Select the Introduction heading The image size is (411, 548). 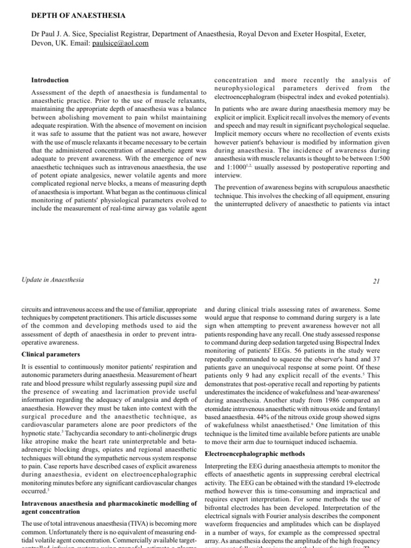point(50,80)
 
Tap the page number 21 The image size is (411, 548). point(375,280)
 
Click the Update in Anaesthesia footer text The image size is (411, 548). point(53,280)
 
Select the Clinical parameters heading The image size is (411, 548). point(51,354)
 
